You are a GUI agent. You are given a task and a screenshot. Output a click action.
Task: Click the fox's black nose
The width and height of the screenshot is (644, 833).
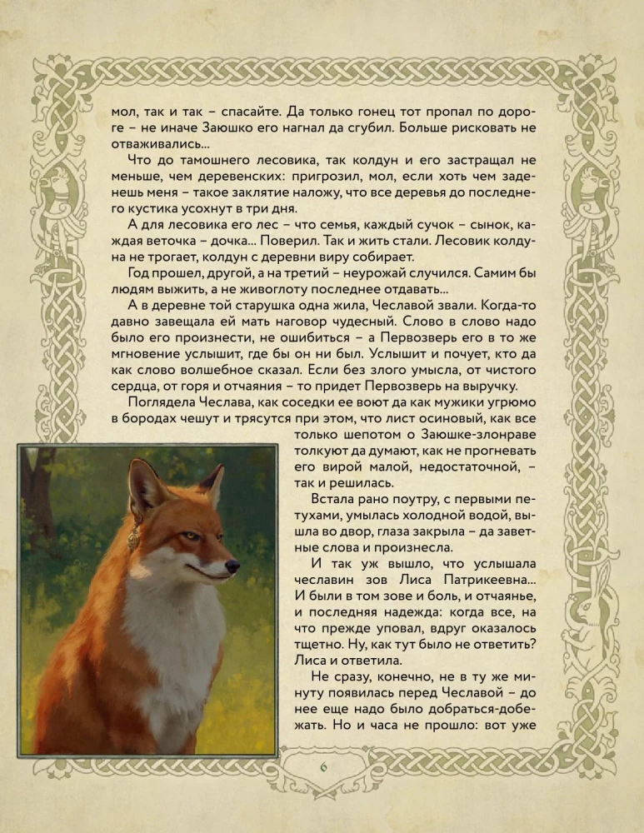(x=234, y=566)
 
